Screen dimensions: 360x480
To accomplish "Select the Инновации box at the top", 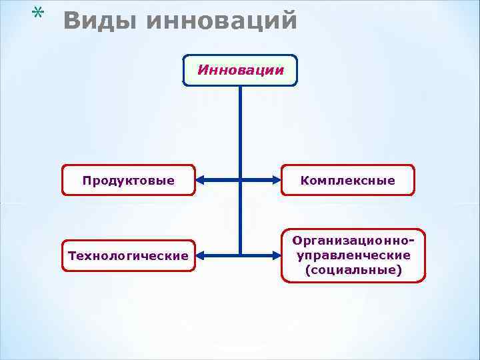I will tap(240, 71).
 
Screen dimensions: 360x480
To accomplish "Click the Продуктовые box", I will tap(129, 180).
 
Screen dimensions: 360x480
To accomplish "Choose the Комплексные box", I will tap(348, 180).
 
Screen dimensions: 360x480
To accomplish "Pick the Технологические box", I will tap(129, 255).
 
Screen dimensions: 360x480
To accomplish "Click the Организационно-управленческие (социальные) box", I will tap(353, 255).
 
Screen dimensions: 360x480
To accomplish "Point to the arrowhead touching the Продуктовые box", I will tap(202, 180).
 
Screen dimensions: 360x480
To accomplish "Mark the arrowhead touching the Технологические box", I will tap(203, 255).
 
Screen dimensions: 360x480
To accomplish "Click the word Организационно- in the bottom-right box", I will tap(353, 241).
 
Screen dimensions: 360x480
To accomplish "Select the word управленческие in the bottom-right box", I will tap(353, 255).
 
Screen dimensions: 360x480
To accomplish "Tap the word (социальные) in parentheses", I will tap(353, 270).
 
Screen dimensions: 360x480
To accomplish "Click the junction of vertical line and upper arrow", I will tap(240, 180).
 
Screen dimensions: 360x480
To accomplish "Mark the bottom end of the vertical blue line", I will tap(240, 254).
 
